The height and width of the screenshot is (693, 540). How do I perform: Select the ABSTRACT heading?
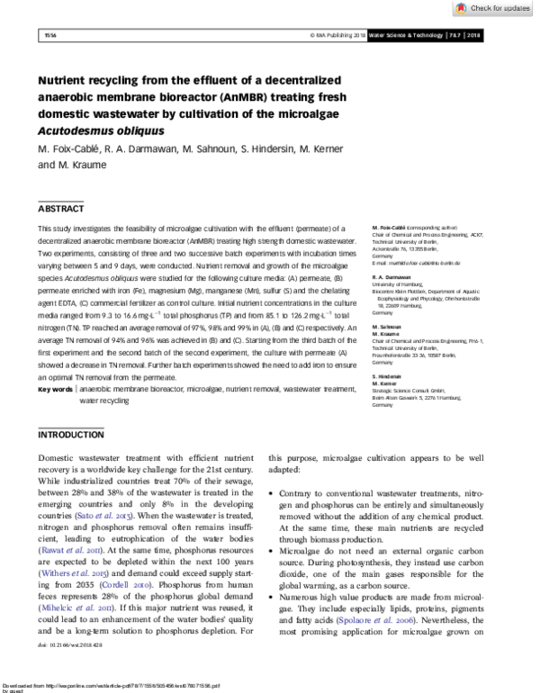[x=60, y=208]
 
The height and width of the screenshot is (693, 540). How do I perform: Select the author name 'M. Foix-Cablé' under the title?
[x=68, y=148]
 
